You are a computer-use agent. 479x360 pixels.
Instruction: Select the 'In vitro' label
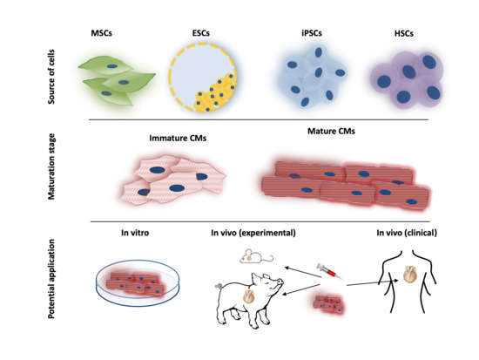(126, 233)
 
